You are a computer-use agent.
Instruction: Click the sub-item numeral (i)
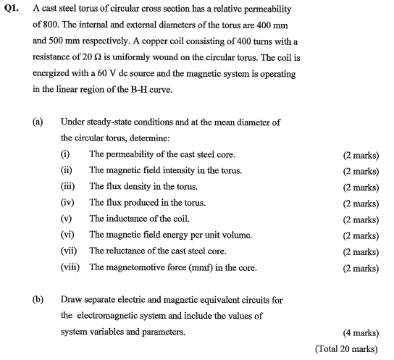[65, 154]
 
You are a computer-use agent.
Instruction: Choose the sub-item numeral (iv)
[67, 203]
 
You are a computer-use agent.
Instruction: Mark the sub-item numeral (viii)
[70, 268]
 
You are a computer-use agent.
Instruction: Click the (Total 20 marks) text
[347, 348]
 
